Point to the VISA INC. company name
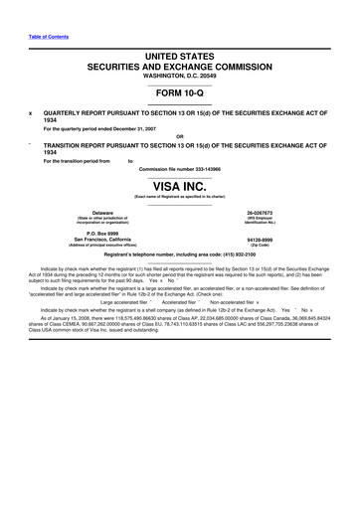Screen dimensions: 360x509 pyautogui.click(x=180, y=186)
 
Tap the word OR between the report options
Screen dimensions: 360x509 pyautogui.click(x=179, y=136)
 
